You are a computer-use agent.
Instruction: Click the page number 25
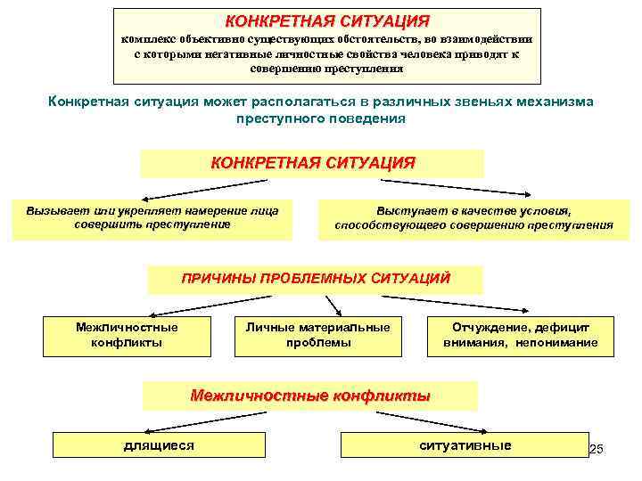pos(597,450)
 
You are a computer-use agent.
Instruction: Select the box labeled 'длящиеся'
pos(158,445)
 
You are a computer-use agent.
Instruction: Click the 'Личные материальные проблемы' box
pos(318,335)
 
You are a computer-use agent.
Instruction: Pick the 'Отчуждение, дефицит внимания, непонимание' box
pos(521,335)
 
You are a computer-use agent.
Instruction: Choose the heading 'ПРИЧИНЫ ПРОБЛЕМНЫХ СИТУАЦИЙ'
pos(315,279)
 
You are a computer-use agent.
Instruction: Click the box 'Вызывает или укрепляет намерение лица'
pos(152,218)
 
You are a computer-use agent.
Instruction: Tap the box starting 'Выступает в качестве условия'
pos(473,218)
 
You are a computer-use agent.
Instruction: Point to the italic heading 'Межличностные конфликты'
pos(310,395)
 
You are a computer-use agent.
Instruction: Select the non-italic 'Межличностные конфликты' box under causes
pos(127,335)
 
